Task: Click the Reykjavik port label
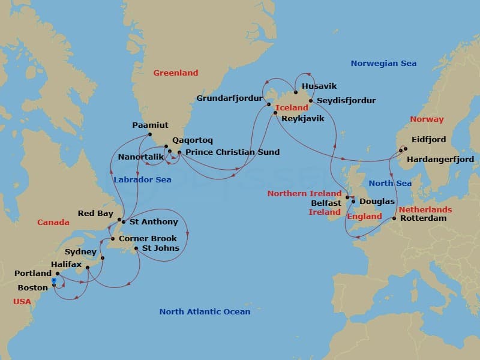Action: [x=302, y=119]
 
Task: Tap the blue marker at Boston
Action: [x=54, y=280]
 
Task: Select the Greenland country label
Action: [x=175, y=73]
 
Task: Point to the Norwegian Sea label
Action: [x=383, y=64]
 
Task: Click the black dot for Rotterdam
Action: [x=394, y=218]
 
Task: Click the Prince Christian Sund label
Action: [x=232, y=152]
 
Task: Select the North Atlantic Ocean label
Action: [x=205, y=312]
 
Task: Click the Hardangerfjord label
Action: [x=440, y=160]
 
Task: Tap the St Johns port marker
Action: [x=136, y=248]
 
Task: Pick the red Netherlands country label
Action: [x=425, y=210]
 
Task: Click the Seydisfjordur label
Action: [x=346, y=101]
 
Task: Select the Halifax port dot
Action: [x=88, y=268]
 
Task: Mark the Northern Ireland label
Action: [x=304, y=194]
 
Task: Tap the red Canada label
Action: [x=53, y=223]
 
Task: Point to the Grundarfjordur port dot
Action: [x=269, y=105]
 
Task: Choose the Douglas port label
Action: [x=377, y=202]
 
